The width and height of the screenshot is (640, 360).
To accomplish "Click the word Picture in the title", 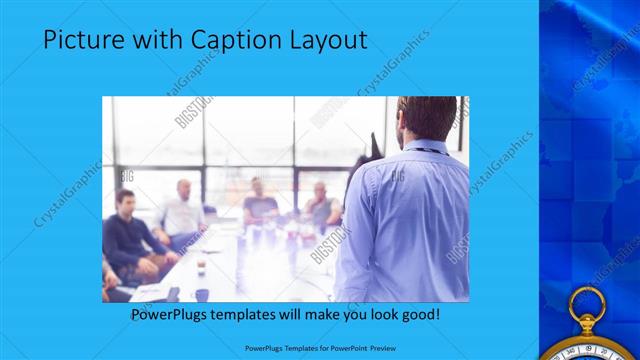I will (x=81, y=40).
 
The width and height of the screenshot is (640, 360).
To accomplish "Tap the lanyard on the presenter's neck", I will (x=430, y=150).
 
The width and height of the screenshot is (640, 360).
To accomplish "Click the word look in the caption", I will (x=380, y=315).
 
